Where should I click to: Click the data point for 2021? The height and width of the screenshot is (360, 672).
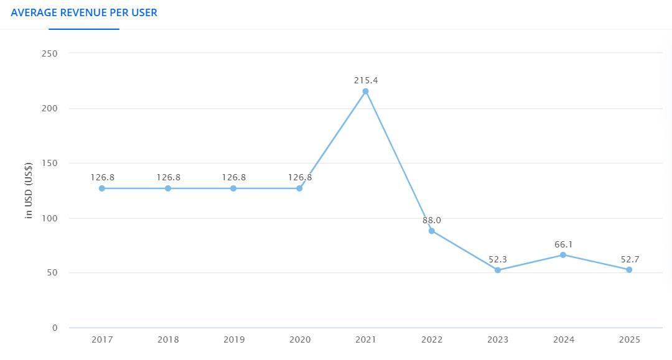(366, 91)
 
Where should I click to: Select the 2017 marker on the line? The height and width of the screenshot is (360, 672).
(101, 188)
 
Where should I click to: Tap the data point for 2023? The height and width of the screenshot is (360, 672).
(498, 270)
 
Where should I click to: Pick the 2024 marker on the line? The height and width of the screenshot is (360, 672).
(563, 255)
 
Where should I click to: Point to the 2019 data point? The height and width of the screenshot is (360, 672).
(233, 188)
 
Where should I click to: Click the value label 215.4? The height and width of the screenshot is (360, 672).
(366, 80)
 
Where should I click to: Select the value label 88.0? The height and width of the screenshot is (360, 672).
(432, 220)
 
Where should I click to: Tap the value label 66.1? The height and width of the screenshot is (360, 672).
(564, 244)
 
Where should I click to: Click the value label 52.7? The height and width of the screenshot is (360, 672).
(630, 259)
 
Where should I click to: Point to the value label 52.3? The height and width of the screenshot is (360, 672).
(498, 259)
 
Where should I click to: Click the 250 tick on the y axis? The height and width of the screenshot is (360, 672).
(49, 53)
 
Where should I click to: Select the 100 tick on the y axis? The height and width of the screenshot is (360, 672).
(49, 218)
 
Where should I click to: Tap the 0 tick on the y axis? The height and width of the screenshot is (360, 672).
(55, 328)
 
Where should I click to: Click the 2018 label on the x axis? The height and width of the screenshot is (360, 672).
(168, 339)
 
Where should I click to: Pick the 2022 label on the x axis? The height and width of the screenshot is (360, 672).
(432, 339)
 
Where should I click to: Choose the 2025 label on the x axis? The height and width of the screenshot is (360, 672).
(630, 339)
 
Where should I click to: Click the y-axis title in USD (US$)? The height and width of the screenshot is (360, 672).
(28, 190)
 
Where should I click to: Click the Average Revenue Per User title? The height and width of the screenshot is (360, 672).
(84, 12)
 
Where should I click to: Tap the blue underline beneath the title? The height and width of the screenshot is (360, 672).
(84, 29)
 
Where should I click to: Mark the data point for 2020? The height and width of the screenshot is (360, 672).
(299, 188)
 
